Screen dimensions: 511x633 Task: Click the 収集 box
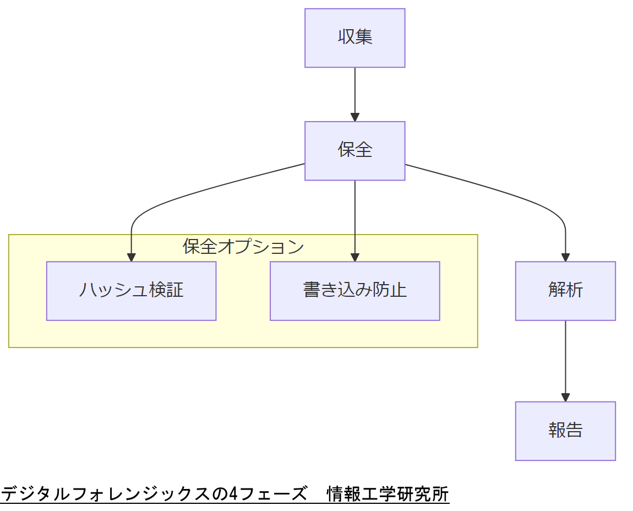click(354, 38)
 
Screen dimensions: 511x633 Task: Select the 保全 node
click(354, 150)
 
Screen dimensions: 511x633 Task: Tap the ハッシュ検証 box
click(131, 290)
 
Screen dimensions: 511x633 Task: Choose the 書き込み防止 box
click(354, 290)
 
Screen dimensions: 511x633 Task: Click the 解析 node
click(565, 290)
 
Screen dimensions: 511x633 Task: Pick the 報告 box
click(565, 431)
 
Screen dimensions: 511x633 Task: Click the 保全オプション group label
click(243, 247)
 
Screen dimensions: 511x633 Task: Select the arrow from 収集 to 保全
click(354, 91)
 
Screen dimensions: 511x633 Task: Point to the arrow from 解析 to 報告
click(565, 358)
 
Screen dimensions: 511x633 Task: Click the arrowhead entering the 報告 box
click(565, 398)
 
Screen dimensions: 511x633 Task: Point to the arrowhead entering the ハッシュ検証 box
click(131, 257)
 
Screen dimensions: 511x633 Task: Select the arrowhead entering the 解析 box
click(565, 257)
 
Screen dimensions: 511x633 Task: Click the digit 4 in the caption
click(232, 494)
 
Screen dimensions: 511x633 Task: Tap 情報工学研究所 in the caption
click(388, 494)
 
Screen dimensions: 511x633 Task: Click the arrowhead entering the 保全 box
click(354, 117)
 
